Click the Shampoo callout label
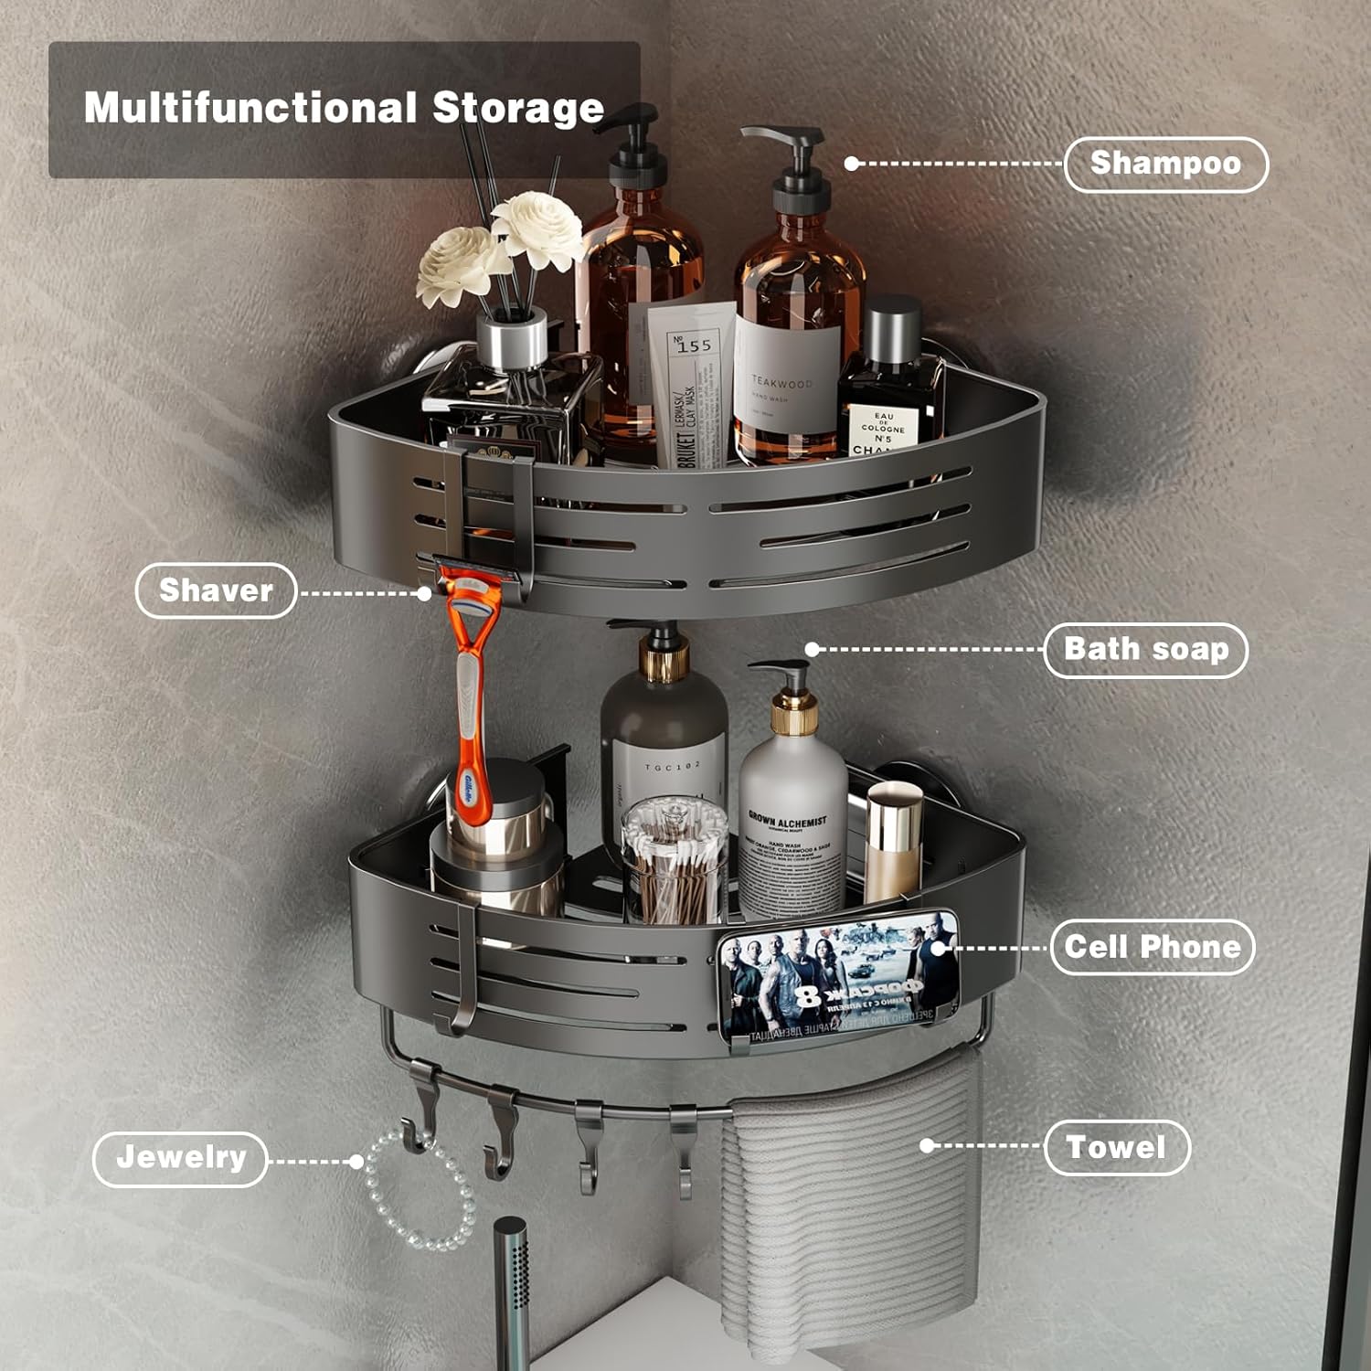(1165, 164)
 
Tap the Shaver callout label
(216, 590)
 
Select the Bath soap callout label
(1145, 650)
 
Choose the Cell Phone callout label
(1152, 947)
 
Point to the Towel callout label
(1116, 1147)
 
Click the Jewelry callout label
(180, 1158)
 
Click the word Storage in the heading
(517, 108)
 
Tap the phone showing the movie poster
(838, 976)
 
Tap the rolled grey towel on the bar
(850, 1206)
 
